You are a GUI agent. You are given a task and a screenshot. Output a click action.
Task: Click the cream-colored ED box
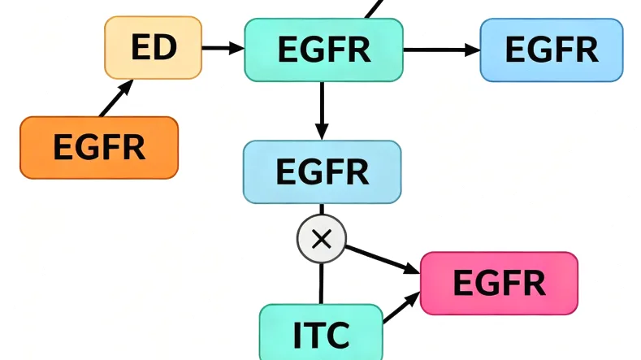pos(153,48)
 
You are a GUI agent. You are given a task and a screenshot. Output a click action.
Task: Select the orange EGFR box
pos(98,148)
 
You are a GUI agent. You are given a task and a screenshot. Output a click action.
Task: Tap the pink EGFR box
pos(499,283)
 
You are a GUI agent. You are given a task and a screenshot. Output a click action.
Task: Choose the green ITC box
pos(320,333)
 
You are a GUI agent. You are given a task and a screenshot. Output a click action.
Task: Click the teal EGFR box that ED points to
pos(323,50)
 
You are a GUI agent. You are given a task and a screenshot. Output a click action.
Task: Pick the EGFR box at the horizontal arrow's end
pos(551,50)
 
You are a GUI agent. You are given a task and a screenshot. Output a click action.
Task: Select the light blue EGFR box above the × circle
pos(322,171)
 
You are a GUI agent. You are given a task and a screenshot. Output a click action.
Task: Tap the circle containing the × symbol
pos(322,239)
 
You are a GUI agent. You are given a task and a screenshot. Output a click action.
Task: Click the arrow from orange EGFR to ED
pos(115,99)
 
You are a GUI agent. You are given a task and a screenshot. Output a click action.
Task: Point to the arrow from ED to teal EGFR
pos(223,48)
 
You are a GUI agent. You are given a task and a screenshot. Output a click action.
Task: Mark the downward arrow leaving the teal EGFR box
pos(322,111)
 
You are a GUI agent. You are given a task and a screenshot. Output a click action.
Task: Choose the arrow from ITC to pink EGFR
pos(398,310)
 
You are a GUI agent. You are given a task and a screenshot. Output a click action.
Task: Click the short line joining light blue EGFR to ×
pos(322,210)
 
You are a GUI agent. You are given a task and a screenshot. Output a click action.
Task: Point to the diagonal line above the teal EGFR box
pos(373,9)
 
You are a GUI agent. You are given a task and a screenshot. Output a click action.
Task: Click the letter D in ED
pos(165,48)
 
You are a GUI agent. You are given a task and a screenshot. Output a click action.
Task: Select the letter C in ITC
pos(338,334)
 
